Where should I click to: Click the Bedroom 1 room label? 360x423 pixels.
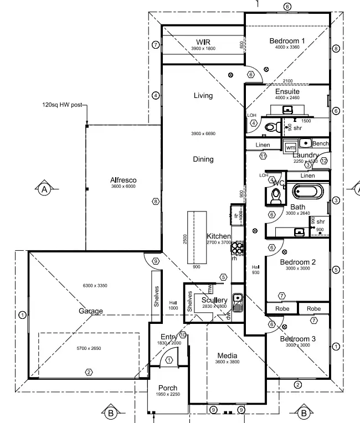pos(287,40)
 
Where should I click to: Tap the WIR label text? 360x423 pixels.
pos(203,42)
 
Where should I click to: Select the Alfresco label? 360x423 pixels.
pos(123,180)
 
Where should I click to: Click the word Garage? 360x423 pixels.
pos(90,311)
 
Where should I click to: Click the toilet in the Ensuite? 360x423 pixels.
pos(271,127)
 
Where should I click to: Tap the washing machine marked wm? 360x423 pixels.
pos(291,147)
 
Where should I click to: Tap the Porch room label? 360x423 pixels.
pos(167,388)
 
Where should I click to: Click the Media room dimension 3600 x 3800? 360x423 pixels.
pos(227,362)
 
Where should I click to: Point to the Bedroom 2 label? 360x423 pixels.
pos(297,262)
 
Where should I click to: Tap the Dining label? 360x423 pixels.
pos(203,159)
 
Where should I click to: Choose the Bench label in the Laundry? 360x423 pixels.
pos(320,143)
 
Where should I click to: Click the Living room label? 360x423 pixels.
pos(203,96)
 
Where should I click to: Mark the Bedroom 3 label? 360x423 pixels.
pos(297,339)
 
